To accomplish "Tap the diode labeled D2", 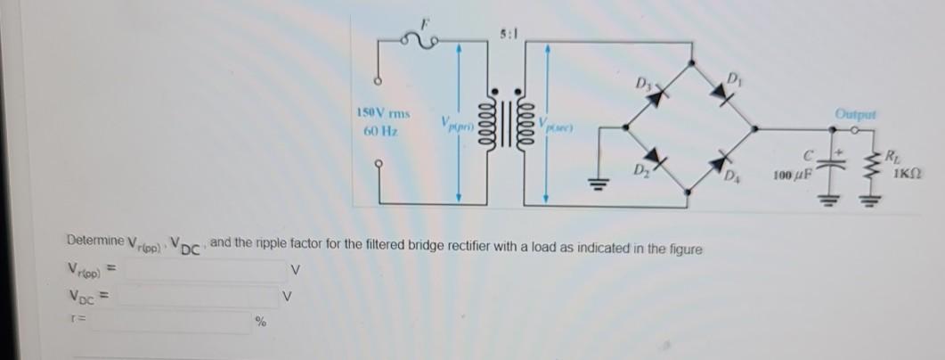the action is (658, 158).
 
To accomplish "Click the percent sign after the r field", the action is (261, 323).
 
